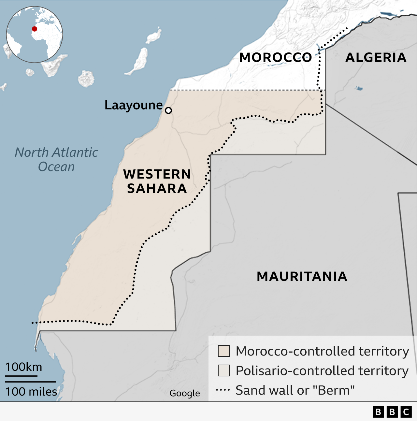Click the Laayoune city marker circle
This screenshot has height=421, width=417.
point(168,110)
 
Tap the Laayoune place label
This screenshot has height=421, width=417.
point(134,105)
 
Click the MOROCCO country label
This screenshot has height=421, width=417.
point(276,58)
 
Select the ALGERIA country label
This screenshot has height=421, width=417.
point(376,58)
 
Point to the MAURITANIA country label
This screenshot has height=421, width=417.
point(302,277)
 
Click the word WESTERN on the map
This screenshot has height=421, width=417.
point(157,174)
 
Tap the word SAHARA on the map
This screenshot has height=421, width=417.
point(157,189)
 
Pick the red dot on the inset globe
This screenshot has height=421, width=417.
point(35,29)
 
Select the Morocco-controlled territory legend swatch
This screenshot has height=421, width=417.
point(224,351)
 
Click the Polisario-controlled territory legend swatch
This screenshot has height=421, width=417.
point(224,370)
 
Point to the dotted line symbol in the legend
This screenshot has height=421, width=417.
point(223,390)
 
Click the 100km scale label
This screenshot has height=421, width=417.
point(24,367)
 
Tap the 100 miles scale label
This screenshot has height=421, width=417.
point(31,391)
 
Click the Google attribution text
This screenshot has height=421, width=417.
point(185,393)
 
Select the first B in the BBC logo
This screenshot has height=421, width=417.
point(378,412)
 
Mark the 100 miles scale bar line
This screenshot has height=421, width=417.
point(30,382)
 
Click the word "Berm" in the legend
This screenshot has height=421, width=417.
point(337,390)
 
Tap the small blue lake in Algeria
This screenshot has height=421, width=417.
point(359,88)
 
